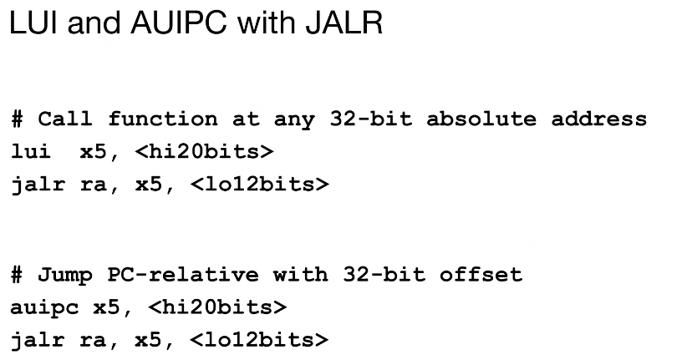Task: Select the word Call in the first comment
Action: pyautogui.click(x=64, y=119)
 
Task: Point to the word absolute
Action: pyautogui.click(x=481, y=119)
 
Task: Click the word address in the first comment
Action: pyautogui.click(x=598, y=119)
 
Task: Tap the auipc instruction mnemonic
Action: pyautogui.click(x=44, y=307)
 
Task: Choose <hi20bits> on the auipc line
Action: pyautogui.click(x=217, y=307)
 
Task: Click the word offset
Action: pyautogui.click(x=480, y=276)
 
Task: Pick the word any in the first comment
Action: pyautogui.click(x=293, y=119)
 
